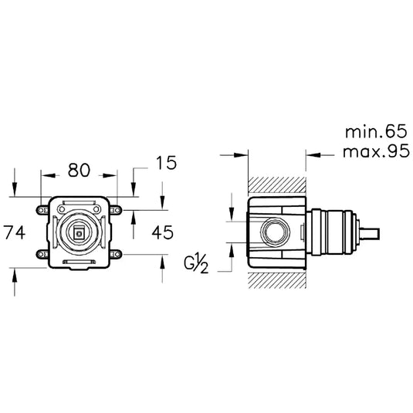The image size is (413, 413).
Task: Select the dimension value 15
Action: point(165,163)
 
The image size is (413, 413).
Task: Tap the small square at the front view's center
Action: point(79,232)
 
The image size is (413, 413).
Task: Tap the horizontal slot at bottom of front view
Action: point(79,262)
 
